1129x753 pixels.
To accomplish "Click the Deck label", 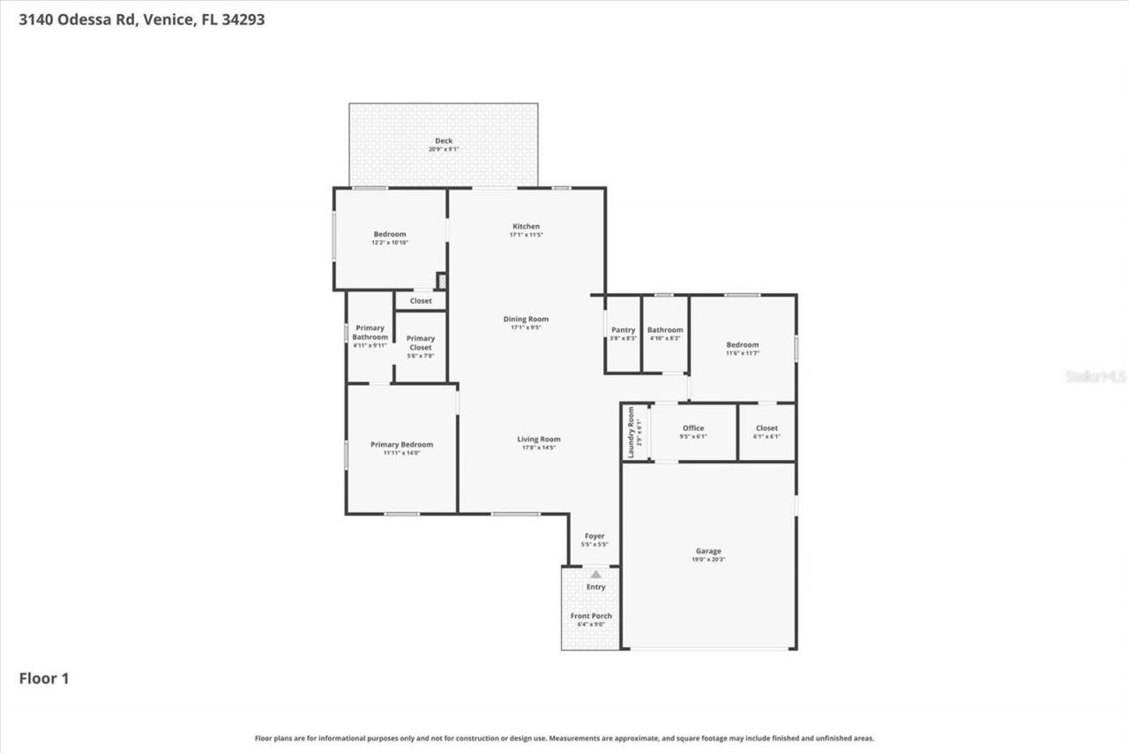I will point(443,141).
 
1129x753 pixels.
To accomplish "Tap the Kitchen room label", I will point(526,227).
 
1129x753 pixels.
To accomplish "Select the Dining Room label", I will point(526,320).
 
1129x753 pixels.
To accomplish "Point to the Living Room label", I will point(538,440).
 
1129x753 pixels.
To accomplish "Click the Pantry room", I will point(623,334).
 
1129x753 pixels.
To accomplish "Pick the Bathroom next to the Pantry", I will point(665,334).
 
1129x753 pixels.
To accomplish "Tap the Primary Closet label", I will point(421,343).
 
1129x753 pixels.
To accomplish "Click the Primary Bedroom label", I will point(401,445).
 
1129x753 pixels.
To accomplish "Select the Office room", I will point(693,432).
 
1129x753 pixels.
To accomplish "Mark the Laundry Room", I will point(635,432).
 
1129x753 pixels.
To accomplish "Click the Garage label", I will point(708,552).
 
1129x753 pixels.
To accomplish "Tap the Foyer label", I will point(594,537).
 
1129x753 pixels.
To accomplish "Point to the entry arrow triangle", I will point(596,575).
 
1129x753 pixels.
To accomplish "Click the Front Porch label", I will point(591,616).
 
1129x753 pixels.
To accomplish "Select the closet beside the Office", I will point(766,432).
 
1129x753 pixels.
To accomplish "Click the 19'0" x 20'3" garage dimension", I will point(708,560).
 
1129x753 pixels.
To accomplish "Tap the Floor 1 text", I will point(44,679).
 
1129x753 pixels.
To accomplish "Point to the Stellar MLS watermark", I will point(1095,376).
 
